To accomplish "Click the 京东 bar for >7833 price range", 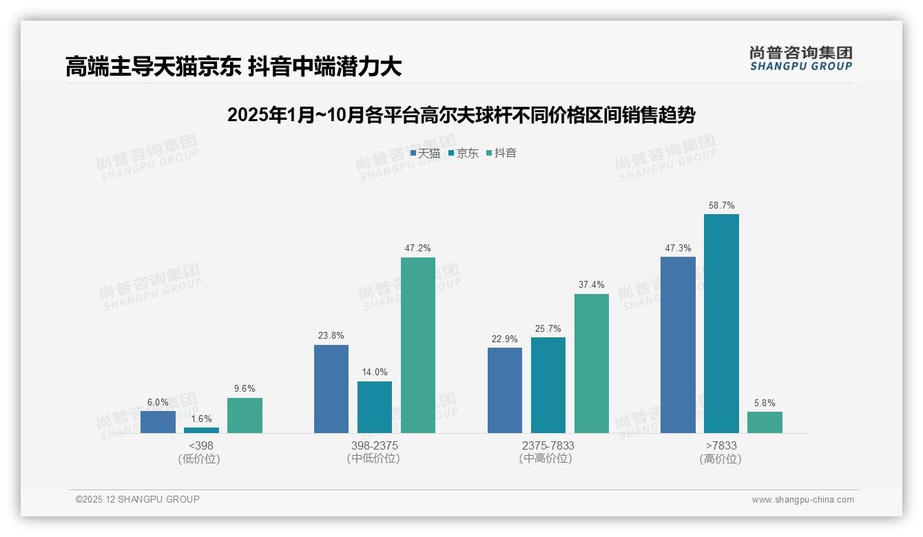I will click(x=721, y=324).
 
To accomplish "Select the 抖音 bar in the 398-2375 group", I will click(x=418, y=345).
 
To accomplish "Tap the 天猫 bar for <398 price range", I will click(x=158, y=422).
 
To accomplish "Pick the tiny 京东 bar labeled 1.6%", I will click(x=201, y=430).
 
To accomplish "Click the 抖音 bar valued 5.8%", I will click(x=765, y=423).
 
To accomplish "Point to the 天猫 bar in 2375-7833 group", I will click(x=505, y=390).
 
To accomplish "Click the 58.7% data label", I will click(x=721, y=205).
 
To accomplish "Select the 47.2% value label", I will click(x=418, y=249).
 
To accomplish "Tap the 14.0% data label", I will click(x=375, y=372).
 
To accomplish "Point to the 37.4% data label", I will click(x=591, y=285).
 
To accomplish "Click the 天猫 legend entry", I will click(x=425, y=154).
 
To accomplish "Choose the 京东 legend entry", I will click(x=463, y=154).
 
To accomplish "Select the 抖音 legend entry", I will click(x=501, y=154).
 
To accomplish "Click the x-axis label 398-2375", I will click(x=374, y=445).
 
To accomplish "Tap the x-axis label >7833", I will click(x=720, y=445).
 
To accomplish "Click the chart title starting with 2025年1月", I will click(x=461, y=115).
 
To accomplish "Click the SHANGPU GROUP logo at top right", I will click(x=800, y=59).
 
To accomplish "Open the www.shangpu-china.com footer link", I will click(x=802, y=500).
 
